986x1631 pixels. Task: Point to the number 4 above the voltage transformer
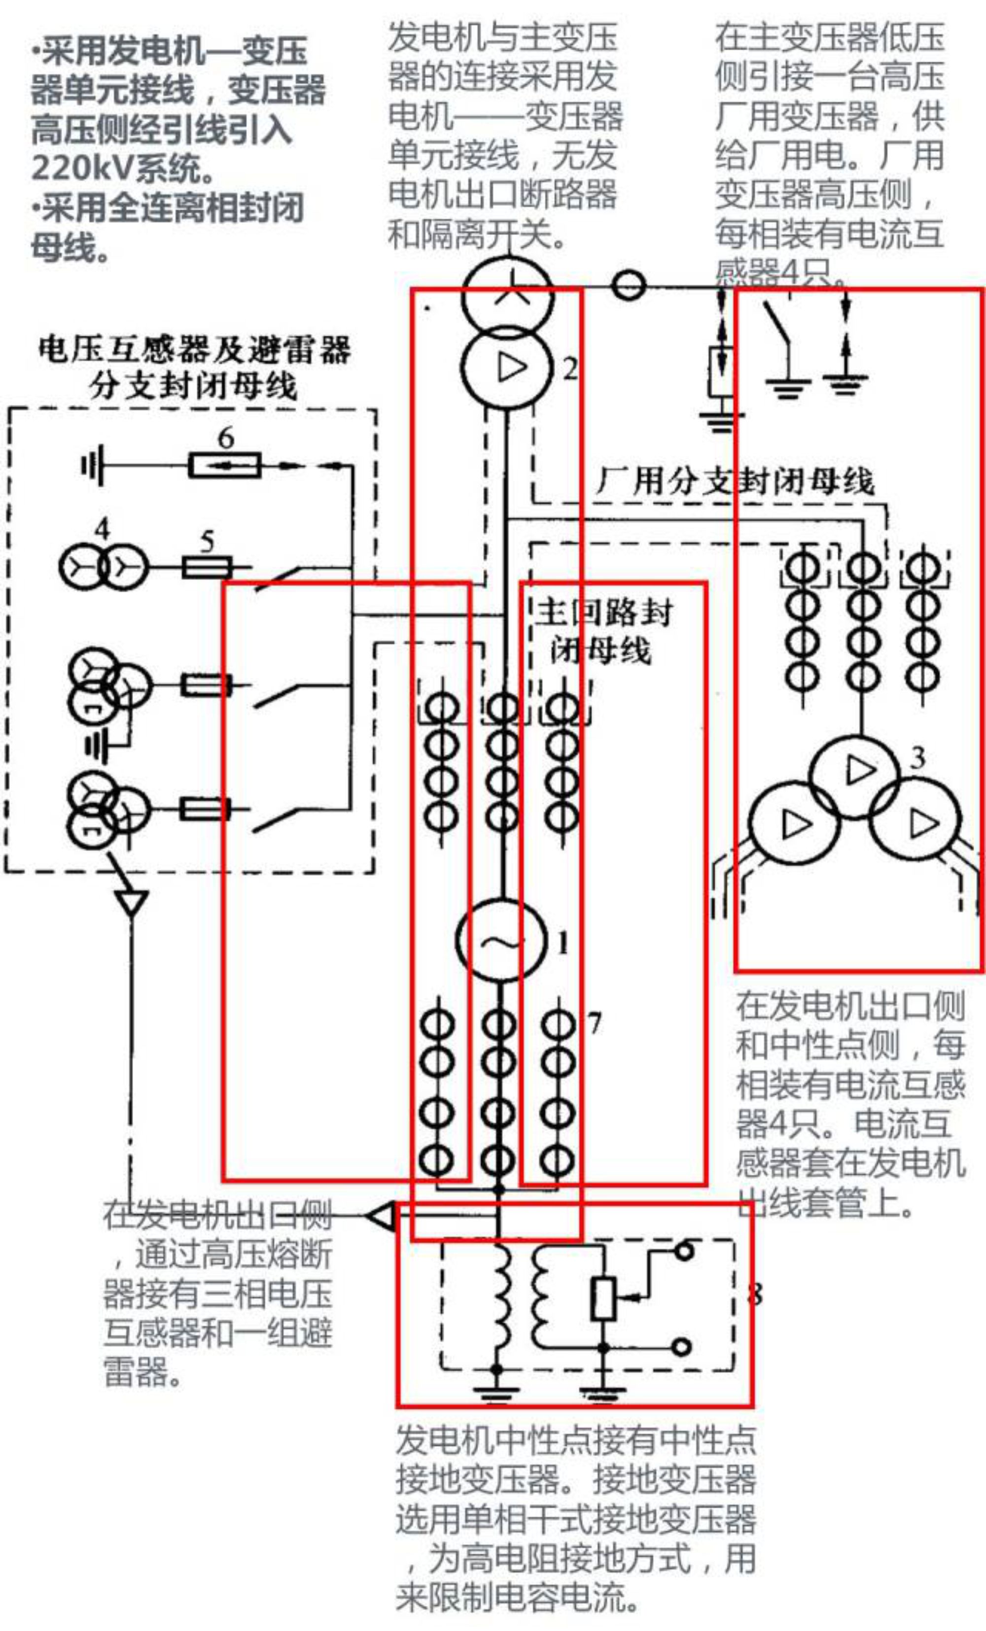102,529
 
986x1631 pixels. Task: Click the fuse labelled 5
207,567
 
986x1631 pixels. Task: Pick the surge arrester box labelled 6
224,465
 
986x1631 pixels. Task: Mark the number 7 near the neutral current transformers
594,1022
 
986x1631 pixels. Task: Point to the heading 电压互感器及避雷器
194,349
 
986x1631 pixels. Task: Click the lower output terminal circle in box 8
681,1346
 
